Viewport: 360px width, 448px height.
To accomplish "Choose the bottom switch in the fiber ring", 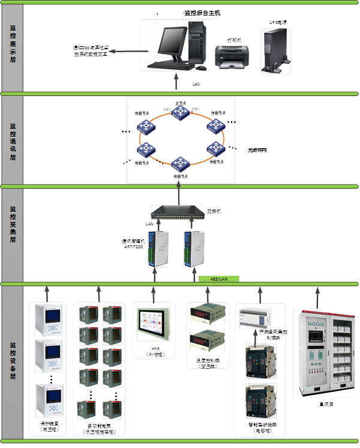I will [x=180, y=163].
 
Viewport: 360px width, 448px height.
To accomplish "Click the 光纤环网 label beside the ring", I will [x=257, y=149].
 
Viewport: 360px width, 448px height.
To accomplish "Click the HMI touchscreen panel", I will [x=154, y=326].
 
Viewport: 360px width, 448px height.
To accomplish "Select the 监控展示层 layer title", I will [x=13, y=47].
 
